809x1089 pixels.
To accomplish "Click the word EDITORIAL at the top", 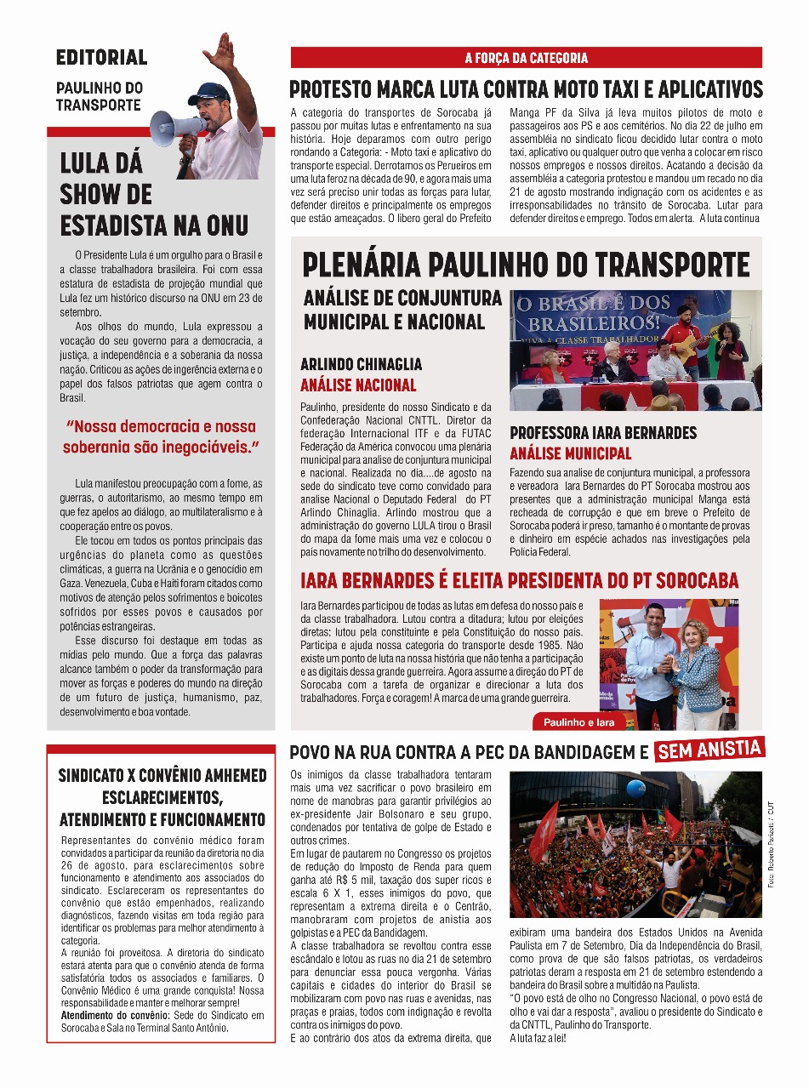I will click(x=101, y=58).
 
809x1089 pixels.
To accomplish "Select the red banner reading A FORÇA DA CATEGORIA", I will click(x=526, y=58).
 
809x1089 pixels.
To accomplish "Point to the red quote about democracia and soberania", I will click(x=161, y=436).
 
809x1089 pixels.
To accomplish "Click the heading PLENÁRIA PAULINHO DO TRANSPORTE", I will click(x=526, y=265).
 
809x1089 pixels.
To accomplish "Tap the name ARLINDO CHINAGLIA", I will click(x=361, y=364).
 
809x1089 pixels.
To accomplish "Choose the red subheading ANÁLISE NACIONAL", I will click(x=358, y=385).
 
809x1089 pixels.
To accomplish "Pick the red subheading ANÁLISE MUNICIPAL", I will click(x=571, y=453).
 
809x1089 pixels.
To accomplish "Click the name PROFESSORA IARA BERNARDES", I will click(x=603, y=432).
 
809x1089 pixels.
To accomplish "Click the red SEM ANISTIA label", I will click(x=710, y=750).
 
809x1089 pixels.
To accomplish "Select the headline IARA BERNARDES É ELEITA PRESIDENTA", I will click(x=519, y=581).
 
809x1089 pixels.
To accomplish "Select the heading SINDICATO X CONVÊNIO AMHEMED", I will click(x=162, y=776).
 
